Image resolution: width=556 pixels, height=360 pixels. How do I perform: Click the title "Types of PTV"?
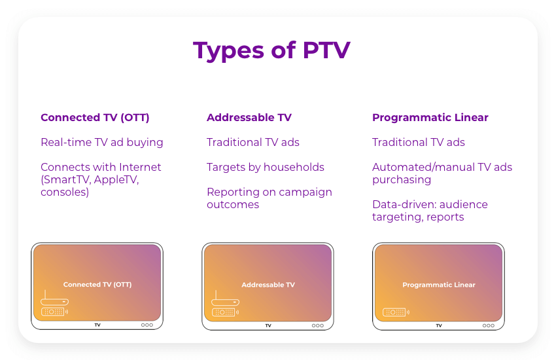pos(271,50)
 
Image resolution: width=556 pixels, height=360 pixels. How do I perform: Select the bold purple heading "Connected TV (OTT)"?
pos(95,118)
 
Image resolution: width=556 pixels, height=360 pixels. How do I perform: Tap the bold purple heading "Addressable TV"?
pos(249,118)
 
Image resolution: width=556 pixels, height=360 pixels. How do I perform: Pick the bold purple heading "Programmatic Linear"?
pos(430,118)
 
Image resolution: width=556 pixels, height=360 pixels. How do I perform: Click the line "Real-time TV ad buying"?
pos(102,142)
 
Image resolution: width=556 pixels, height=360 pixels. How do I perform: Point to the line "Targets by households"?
pos(266,167)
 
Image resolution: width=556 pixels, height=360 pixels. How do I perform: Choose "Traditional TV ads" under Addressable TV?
pos(253,142)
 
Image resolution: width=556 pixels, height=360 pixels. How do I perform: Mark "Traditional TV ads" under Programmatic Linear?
pos(419,142)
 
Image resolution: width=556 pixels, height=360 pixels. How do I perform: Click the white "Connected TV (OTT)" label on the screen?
pos(97,285)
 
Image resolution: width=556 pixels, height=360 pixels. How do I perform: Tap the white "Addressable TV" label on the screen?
pos(268,285)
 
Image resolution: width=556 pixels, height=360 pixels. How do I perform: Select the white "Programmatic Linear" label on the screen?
pos(439,285)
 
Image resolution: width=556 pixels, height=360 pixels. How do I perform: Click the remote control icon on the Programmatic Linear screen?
pos(396,312)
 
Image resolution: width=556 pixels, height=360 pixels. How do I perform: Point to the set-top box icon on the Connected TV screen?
pos(54,301)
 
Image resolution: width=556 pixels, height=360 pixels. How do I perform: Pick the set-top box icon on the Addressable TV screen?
pos(225,301)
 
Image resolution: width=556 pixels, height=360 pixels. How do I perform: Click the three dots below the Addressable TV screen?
pos(317,325)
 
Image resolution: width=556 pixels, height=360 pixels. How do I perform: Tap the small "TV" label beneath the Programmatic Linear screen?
pos(439,325)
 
